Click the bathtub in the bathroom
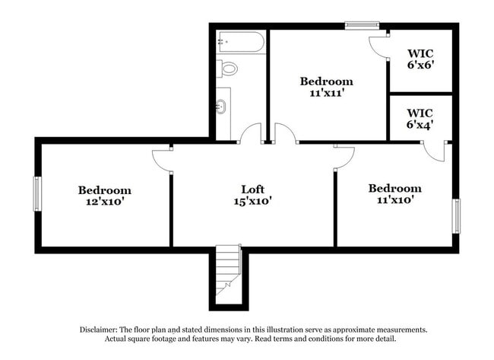coord(240,41)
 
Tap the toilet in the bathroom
coord(227,68)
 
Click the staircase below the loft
coord(228,270)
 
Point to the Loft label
coord(252,189)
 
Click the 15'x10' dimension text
coord(252,201)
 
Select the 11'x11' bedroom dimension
coord(326,94)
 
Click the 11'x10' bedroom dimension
coord(394,200)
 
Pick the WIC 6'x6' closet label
coord(420,59)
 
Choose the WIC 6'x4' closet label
coord(420,118)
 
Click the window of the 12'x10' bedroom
coord(36,193)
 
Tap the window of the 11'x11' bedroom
coord(362,25)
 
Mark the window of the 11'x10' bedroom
coord(456,216)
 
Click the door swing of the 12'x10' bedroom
coord(162,159)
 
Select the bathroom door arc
coord(250,133)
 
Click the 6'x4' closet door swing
coord(435,151)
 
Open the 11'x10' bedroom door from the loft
coord(344,158)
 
